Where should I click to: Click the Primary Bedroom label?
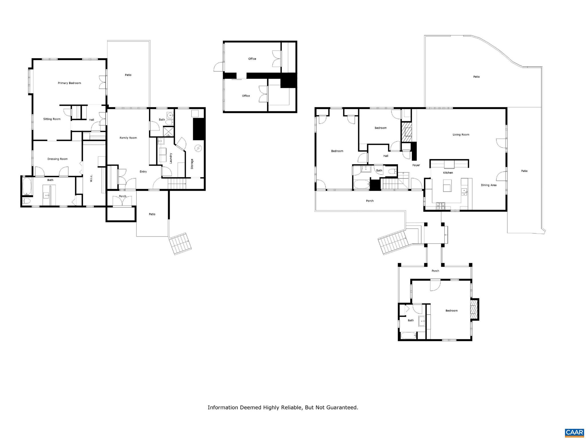pyautogui.click(x=69, y=83)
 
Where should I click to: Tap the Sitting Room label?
pyautogui.click(x=52, y=119)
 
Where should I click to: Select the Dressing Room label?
pyautogui.click(x=58, y=159)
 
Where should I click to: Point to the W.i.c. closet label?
pyautogui.click(x=91, y=179)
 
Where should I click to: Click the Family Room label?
pyautogui.click(x=128, y=138)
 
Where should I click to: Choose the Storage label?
pyautogui.click(x=192, y=164)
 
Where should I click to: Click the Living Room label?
pyautogui.click(x=461, y=135)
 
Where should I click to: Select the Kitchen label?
pyautogui.click(x=448, y=173)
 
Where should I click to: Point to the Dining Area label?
pyautogui.click(x=488, y=185)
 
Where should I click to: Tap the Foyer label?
pyautogui.click(x=416, y=165)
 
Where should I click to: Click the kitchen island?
pyautogui.click(x=447, y=186)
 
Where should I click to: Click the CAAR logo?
pyautogui.click(x=574, y=432)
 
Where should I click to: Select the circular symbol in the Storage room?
pyautogui.click(x=198, y=148)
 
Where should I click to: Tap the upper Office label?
pyautogui.click(x=252, y=59)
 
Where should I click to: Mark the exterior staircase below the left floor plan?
pyautogui.click(x=180, y=244)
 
